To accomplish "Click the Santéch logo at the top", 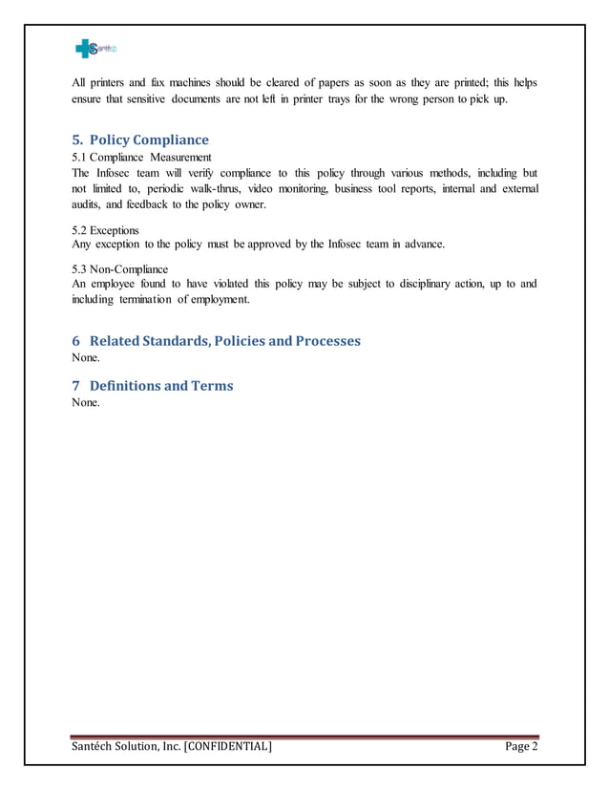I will coord(95,49).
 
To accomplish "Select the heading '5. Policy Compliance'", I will coord(140,140).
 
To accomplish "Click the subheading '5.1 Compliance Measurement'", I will coord(141,157).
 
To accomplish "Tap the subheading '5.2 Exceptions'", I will coord(105,230).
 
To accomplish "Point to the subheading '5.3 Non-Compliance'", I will coord(119,269).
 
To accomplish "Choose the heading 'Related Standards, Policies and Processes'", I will coord(217,341).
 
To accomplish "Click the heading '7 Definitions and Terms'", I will coord(153,386).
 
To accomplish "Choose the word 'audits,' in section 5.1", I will coord(89,205).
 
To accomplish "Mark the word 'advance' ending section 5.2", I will coord(423,245).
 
